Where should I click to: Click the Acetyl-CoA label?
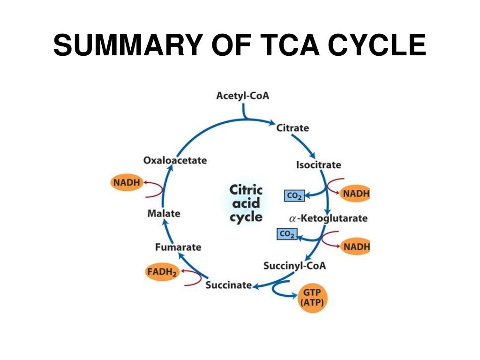(x=243, y=96)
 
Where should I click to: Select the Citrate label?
(x=292, y=127)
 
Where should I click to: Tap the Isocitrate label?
(x=318, y=165)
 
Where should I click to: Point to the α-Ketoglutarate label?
(x=329, y=218)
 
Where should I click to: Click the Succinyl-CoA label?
(x=294, y=266)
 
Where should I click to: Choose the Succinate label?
(x=229, y=285)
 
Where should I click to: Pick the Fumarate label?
(x=178, y=247)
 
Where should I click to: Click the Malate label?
(x=164, y=213)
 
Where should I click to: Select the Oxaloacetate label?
(x=175, y=160)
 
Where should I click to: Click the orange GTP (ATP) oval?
(x=312, y=298)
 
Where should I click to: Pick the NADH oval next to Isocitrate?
(x=355, y=193)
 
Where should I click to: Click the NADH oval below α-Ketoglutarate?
(x=355, y=246)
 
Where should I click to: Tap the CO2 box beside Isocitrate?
(x=294, y=195)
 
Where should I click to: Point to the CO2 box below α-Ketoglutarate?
(x=287, y=233)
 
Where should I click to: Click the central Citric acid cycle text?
(x=246, y=204)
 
